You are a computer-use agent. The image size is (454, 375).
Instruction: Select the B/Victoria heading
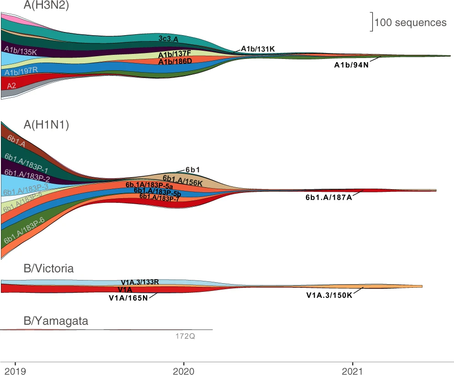click(48, 268)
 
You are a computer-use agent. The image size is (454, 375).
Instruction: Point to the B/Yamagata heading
click(56, 322)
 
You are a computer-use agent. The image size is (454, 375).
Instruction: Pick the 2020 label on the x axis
click(184, 370)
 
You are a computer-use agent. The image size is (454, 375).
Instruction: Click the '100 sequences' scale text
click(410, 22)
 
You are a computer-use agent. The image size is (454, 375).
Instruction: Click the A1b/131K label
click(258, 49)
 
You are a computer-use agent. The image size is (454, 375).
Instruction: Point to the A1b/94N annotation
click(351, 65)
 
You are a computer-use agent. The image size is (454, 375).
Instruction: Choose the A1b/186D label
click(175, 61)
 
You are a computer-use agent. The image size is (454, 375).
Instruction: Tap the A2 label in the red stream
click(12, 85)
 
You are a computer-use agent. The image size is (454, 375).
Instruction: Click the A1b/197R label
click(21, 71)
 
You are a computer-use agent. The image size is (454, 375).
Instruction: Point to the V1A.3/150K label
click(329, 295)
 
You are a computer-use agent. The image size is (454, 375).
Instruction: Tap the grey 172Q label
click(188, 336)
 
